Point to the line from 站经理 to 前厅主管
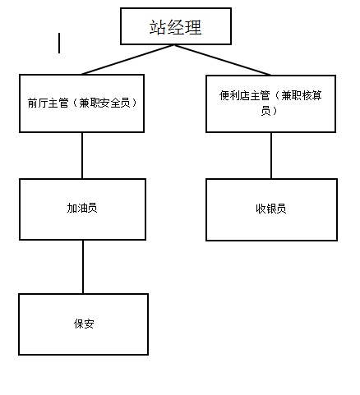point(128,59)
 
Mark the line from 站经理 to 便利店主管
point(223,60)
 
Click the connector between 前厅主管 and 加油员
point(82,155)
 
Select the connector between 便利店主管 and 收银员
point(271,155)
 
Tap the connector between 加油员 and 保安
point(83,267)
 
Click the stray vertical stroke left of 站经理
point(59,43)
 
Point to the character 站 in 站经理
point(157,27)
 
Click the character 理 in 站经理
point(193,27)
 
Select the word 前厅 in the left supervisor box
point(38,103)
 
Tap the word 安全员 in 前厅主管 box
point(115,103)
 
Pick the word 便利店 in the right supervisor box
point(234,95)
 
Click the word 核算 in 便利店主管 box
point(312,95)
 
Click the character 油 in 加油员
point(82,208)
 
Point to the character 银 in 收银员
point(271,209)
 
